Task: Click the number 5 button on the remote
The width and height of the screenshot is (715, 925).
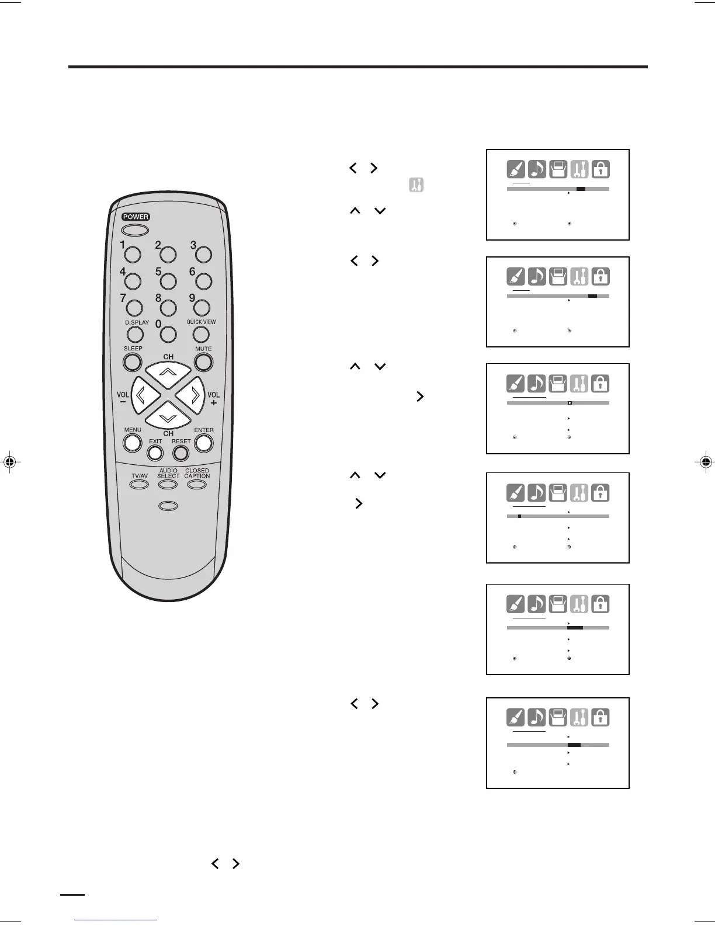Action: coord(168,281)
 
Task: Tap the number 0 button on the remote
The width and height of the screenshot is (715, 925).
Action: coord(168,334)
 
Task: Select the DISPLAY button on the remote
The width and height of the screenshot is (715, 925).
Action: coord(135,334)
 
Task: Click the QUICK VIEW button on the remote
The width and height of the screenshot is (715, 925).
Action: coord(201,334)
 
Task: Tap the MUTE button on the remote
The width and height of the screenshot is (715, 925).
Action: coord(203,362)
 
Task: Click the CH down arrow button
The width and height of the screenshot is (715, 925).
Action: coord(168,415)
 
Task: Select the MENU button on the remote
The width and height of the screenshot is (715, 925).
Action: coord(133,443)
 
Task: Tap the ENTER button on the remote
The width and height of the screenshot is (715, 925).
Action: coord(203,443)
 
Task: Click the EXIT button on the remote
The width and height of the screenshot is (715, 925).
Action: coord(155,453)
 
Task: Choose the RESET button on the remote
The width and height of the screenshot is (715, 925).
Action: coord(181,453)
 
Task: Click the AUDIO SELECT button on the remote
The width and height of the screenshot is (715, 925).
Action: coord(168,485)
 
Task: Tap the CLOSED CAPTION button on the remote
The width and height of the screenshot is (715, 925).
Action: coord(197,485)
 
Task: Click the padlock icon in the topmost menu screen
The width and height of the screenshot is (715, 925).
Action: coord(601,169)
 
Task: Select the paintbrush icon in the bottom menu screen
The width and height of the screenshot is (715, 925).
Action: coord(516,718)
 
